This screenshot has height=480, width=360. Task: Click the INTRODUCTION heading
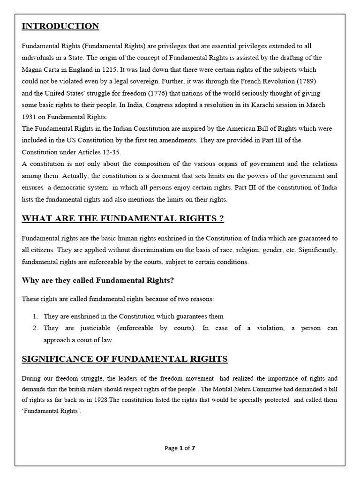(60, 26)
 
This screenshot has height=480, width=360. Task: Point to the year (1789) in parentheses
(306, 81)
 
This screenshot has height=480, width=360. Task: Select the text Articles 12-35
(105, 152)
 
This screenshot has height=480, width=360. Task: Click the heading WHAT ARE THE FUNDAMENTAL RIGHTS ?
(123, 218)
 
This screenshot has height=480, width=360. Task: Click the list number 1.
(36, 316)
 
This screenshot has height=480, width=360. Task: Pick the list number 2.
(36, 328)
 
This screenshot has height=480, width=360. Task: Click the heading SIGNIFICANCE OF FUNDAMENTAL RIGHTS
(125, 359)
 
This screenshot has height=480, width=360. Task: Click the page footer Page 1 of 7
(180, 448)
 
